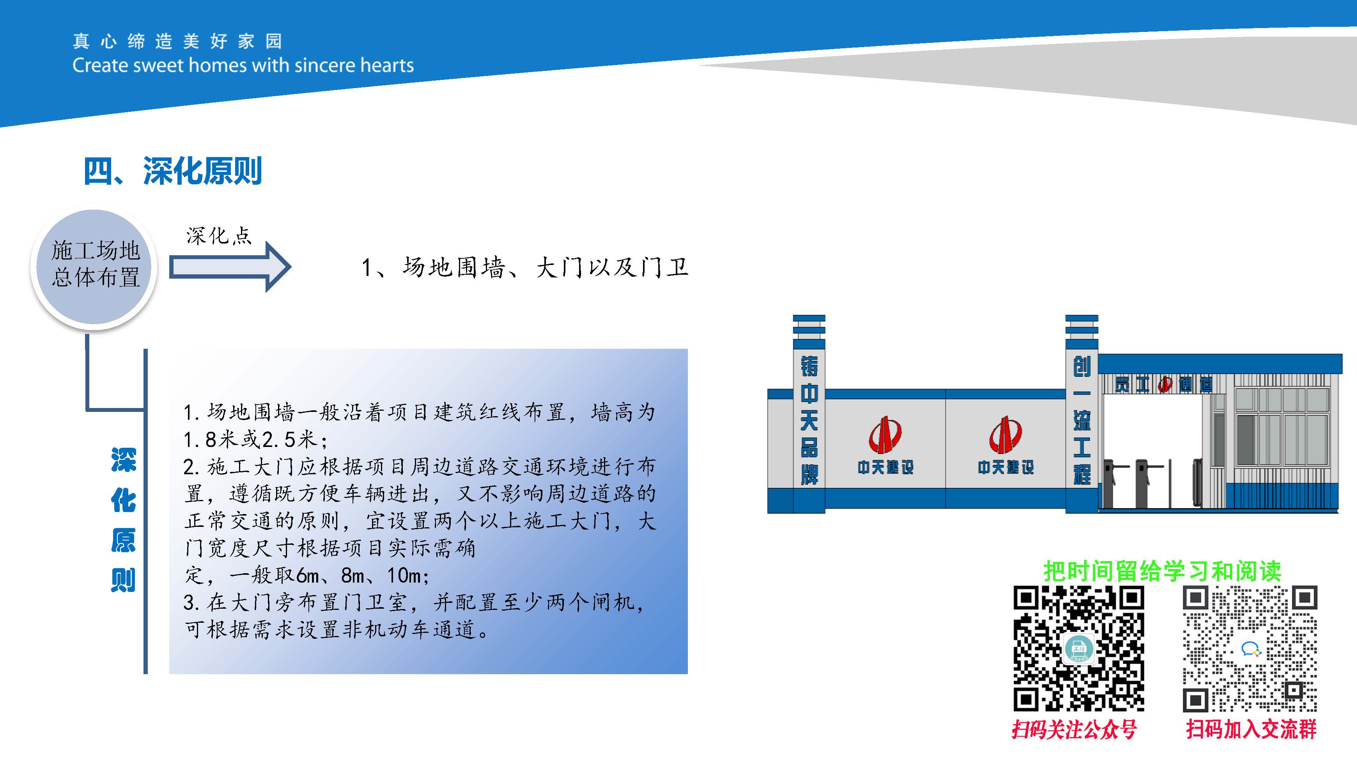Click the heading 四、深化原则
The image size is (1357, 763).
[172, 171]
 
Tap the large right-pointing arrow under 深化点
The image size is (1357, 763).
[230, 267]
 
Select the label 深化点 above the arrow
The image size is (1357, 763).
[219, 235]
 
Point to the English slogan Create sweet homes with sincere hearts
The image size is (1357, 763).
[243, 65]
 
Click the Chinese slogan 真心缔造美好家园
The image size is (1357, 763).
[177, 41]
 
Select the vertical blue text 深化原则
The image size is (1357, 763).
[123, 520]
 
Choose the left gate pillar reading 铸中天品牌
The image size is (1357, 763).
[809, 414]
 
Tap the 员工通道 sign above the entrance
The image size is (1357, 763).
[1164, 384]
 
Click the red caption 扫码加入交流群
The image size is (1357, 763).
[1251, 729]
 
